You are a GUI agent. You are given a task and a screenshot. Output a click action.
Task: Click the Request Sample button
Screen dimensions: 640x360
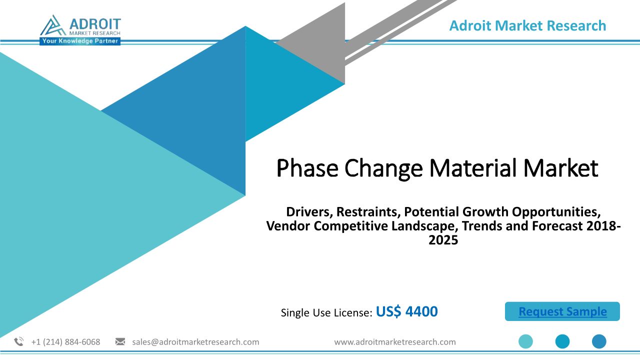click(x=562, y=311)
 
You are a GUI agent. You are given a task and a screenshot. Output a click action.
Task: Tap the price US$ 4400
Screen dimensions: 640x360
click(x=406, y=311)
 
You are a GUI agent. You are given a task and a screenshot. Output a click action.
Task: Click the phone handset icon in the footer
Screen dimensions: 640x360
click(x=19, y=341)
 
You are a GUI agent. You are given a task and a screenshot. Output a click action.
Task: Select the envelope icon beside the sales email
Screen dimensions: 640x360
click(x=120, y=341)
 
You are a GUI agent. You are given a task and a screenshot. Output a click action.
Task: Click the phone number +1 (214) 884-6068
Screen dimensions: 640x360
click(x=65, y=342)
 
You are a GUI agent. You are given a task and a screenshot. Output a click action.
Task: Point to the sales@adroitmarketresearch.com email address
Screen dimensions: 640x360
click(x=195, y=342)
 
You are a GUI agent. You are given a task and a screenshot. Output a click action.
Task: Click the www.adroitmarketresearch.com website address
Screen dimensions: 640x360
click(x=395, y=342)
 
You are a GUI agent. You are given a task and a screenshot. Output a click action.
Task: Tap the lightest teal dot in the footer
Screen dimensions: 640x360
click(x=525, y=341)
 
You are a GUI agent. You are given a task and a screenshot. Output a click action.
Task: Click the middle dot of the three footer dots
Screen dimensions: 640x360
click(x=562, y=341)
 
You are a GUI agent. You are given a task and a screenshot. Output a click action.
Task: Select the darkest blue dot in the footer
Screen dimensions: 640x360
click(x=599, y=341)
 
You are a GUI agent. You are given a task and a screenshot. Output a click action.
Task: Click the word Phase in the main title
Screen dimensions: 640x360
click(x=307, y=168)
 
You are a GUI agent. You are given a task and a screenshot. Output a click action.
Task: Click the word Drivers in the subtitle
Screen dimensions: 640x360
click(x=309, y=212)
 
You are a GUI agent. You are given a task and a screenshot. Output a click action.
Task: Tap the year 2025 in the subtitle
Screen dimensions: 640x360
click(x=443, y=240)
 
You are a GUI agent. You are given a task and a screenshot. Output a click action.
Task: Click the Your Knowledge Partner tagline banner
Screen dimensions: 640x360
click(x=80, y=41)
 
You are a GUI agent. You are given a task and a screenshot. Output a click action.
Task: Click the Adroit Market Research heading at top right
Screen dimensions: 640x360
click(x=527, y=25)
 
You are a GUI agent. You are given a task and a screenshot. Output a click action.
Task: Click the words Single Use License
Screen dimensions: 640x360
click(x=326, y=312)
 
